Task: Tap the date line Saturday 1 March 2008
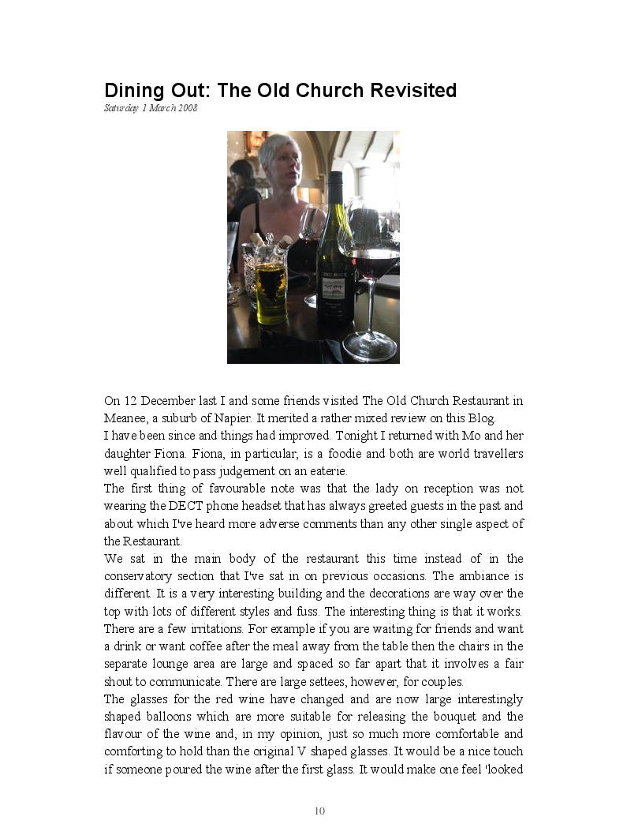151,108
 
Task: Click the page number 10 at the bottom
319,811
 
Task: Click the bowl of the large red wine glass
373,253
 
